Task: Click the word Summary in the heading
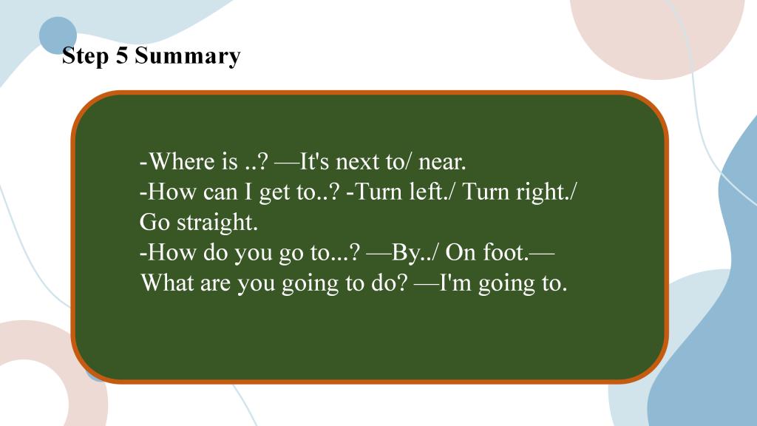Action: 187,56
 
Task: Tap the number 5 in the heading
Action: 122,55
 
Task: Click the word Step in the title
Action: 85,56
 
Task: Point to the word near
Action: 442,162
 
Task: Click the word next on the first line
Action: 357,162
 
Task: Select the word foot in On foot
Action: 506,251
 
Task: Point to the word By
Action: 405,253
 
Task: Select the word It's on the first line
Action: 314,160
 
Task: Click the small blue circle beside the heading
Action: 58,35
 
